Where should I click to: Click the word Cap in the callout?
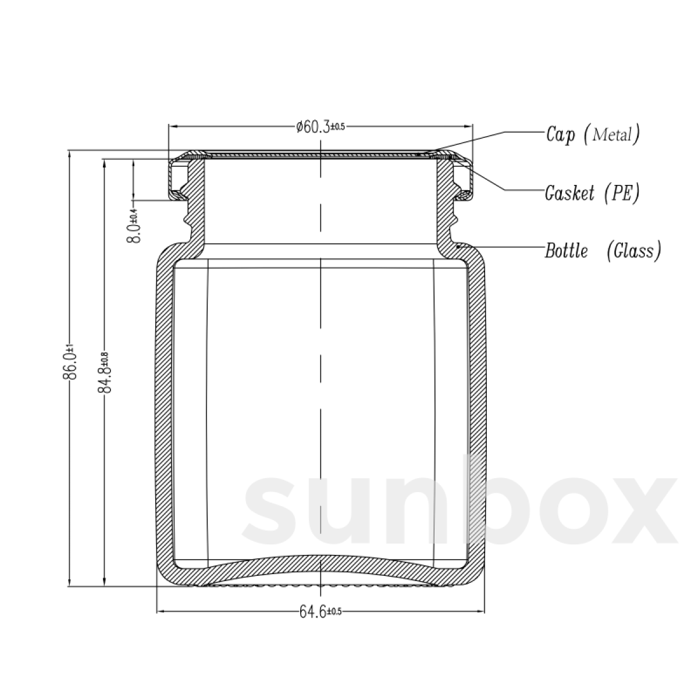(561, 134)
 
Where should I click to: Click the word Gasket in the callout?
(569, 193)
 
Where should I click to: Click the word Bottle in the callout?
(566, 251)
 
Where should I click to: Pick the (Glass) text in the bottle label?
(633, 251)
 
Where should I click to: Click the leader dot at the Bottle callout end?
(460, 247)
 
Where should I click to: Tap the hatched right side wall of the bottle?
(476, 407)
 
